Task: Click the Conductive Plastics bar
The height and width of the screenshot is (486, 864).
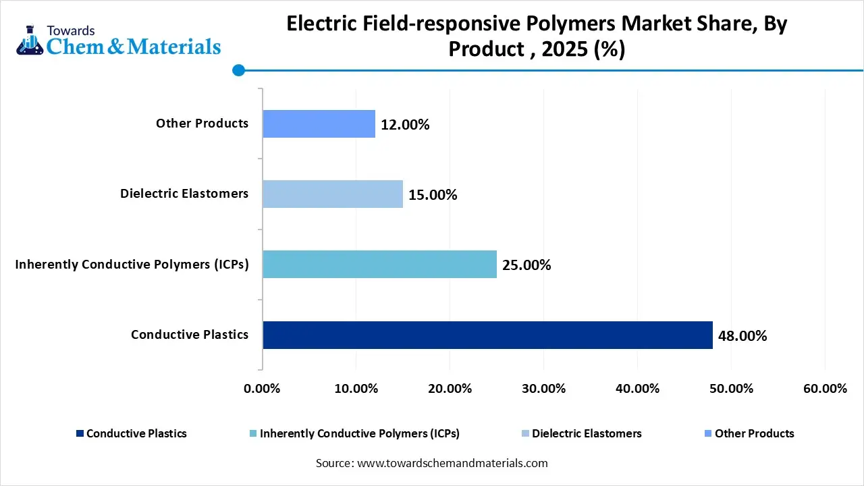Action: [487, 335]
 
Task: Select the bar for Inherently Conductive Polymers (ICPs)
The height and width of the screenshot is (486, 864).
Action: [379, 265]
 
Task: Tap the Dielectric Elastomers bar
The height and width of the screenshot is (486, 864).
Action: [333, 194]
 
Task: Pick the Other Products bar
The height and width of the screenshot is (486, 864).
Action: [319, 124]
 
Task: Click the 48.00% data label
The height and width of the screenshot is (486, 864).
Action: [742, 336]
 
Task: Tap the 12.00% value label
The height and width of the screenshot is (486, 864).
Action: [405, 125]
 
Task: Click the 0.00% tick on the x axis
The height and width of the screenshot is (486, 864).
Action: [261, 389]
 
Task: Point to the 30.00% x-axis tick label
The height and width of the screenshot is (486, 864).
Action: [543, 389]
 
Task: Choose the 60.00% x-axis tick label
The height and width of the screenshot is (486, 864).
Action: [825, 389]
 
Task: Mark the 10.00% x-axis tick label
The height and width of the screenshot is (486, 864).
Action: [356, 389]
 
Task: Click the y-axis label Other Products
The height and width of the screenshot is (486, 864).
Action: [202, 124]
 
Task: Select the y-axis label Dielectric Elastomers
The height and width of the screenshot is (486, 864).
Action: [184, 194]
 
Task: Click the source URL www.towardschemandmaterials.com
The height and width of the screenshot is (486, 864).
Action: [451, 463]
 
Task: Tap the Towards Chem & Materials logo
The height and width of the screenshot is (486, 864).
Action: [118, 40]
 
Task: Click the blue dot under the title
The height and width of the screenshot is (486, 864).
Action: [238, 70]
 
